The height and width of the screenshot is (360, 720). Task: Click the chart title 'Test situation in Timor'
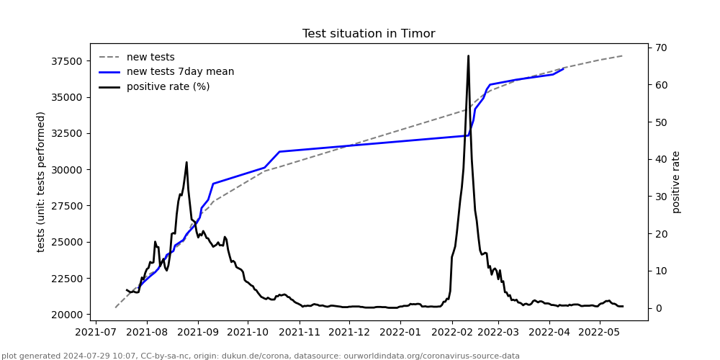(369, 34)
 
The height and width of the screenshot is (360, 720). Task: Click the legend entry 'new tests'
(150, 58)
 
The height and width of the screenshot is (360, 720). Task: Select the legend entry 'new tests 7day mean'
(180, 72)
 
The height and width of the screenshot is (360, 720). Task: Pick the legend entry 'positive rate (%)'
(168, 87)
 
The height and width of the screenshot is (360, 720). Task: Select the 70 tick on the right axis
(661, 48)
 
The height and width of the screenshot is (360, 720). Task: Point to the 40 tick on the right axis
(661, 159)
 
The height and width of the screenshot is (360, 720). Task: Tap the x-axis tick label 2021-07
(96, 333)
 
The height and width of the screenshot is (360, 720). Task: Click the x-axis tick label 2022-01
(399, 333)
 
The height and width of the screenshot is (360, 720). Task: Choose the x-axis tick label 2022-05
(600, 333)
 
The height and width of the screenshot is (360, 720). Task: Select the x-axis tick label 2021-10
(248, 333)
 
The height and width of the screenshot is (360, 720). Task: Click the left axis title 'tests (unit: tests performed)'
(42, 181)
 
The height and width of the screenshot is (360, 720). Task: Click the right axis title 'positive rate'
(676, 181)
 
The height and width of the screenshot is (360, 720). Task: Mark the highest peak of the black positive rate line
(468, 55)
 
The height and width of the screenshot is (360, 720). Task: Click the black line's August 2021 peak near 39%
(186, 162)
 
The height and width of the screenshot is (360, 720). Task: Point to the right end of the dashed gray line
(622, 55)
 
